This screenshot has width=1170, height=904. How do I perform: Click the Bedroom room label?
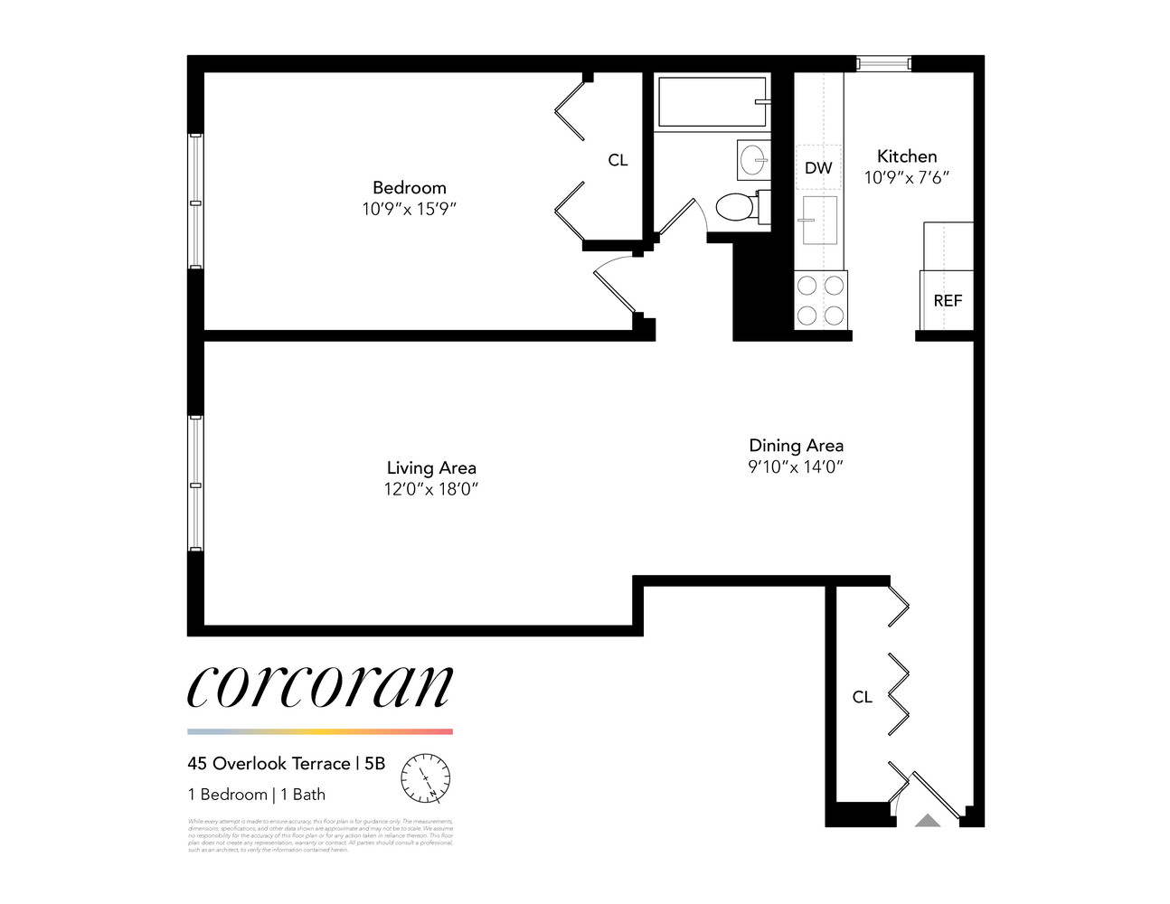tap(409, 187)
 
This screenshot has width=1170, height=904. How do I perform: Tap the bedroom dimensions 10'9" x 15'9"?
tap(409, 209)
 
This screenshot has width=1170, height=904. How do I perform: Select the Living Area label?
tap(431, 467)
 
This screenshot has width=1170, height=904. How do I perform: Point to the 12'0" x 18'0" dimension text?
tap(431, 489)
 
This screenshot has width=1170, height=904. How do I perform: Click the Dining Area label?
tap(796, 445)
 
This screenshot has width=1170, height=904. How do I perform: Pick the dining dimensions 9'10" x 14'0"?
tap(796, 466)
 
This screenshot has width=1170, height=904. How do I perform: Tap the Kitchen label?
tap(907, 155)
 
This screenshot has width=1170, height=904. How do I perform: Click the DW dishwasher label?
tap(818, 167)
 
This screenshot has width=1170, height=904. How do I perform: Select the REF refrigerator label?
tap(948, 300)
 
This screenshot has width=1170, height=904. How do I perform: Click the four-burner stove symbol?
tap(820, 300)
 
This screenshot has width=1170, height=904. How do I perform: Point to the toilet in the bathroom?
tap(738, 207)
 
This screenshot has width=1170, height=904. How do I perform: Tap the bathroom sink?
tap(752, 161)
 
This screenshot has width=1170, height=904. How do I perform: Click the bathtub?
tap(712, 102)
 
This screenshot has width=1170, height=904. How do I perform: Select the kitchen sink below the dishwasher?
tap(819, 220)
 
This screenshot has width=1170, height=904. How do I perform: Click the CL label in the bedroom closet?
tap(618, 160)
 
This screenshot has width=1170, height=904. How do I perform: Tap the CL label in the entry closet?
tap(863, 697)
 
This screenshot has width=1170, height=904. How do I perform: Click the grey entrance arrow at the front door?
tap(928, 820)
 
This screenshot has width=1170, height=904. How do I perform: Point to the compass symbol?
tap(425, 777)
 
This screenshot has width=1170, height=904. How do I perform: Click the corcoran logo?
tap(319, 687)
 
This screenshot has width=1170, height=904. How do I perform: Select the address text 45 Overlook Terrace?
tap(269, 764)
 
